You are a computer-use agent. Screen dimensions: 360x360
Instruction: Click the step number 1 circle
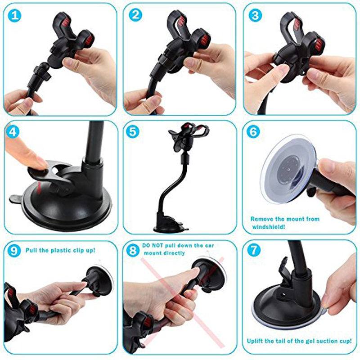(x=15, y=16)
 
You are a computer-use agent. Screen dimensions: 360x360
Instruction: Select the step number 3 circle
(x=256, y=16)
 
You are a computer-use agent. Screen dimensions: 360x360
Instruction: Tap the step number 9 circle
(x=15, y=250)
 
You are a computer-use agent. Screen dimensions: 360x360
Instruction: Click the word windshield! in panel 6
(x=269, y=227)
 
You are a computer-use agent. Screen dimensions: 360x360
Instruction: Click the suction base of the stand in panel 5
(x=168, y=225)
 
